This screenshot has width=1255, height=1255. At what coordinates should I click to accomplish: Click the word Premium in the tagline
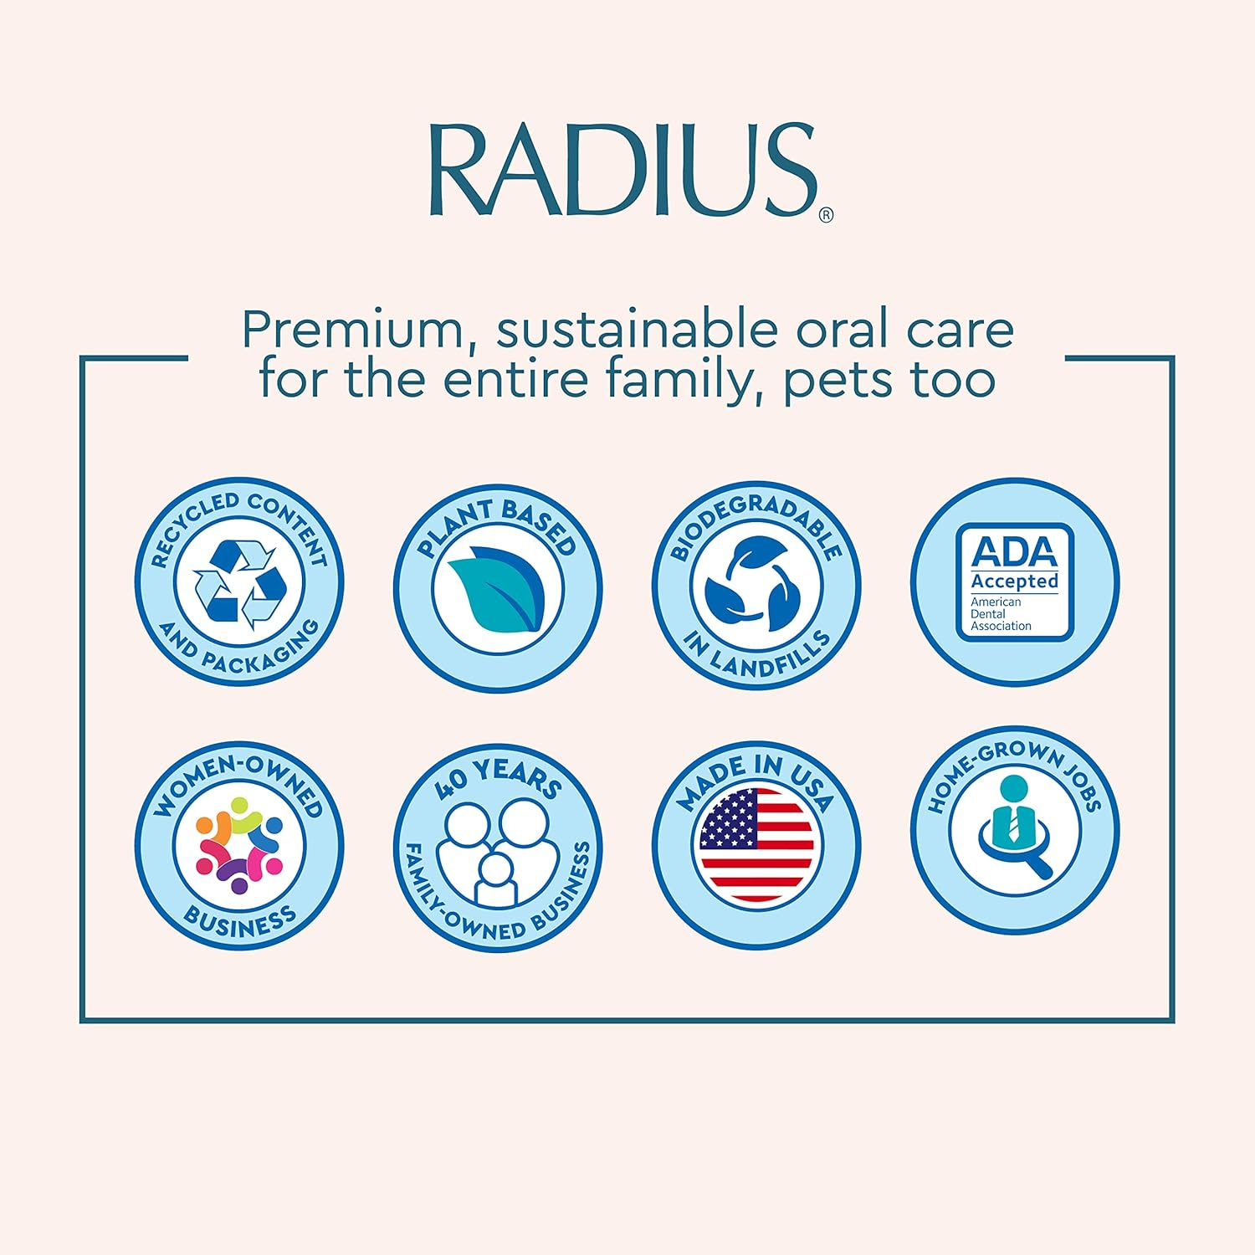[x=352, y=330]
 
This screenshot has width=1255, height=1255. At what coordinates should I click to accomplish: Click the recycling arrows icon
[x=239, y=583]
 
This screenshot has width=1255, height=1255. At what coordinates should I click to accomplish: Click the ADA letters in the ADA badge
[x=1014, y=552]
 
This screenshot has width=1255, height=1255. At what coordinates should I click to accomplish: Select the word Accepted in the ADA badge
[x=1014, y=581]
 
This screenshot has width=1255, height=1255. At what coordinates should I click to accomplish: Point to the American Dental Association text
[x=1001, y=613]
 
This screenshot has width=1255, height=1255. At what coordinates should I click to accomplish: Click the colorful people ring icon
[x=239, y=844]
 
